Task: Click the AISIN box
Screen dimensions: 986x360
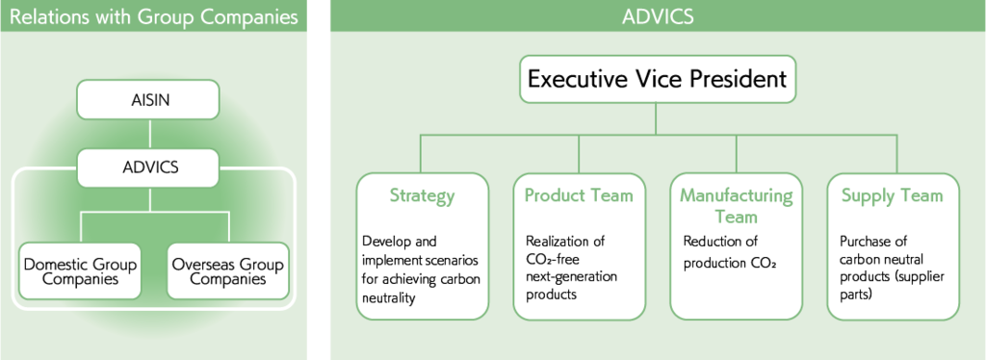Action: (148, 100)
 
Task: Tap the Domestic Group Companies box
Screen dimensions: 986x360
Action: (80, 270)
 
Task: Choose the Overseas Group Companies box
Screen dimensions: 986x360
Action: (227, 270)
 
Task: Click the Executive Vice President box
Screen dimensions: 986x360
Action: (657, 79)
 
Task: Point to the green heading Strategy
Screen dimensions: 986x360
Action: (422, 195)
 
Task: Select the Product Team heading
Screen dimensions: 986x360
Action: (579, 195)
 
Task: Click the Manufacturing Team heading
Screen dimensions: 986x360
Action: (737, 206)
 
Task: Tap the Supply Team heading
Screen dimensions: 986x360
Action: (893, 195)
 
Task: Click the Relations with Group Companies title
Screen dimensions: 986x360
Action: (153, 17)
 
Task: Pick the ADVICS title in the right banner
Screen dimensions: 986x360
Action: (658, 17)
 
